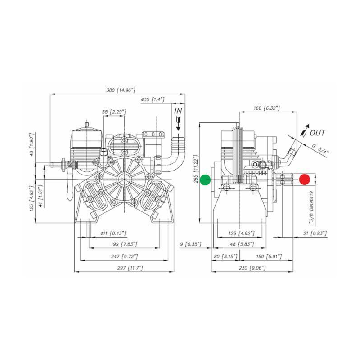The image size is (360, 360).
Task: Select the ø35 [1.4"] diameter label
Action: pos(153,99)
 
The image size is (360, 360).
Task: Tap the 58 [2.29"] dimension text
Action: pos(114,111)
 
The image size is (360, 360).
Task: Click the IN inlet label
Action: pos(179,110)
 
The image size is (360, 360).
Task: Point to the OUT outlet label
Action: pos(318,133)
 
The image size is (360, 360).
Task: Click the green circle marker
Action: pos(206,179)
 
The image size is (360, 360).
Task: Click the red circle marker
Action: pos(305,179)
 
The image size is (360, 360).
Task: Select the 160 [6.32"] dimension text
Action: pos(267,108)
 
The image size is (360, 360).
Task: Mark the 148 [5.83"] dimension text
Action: pos(240,244)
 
